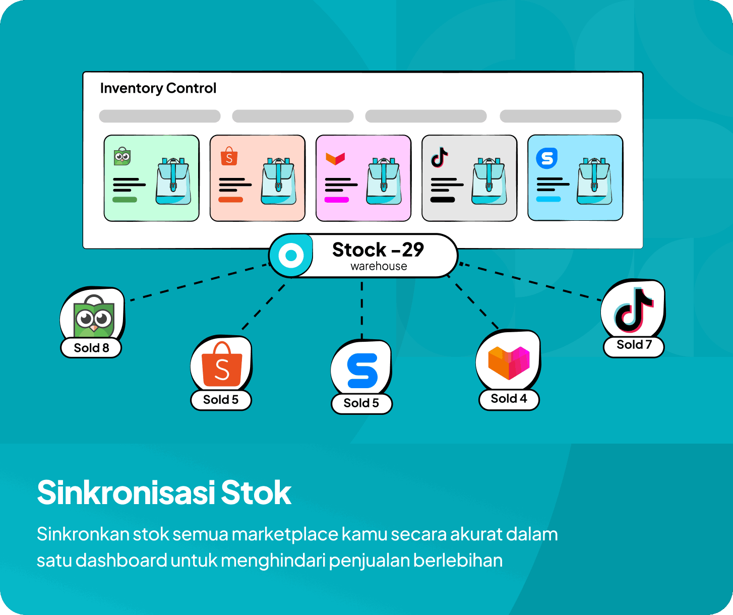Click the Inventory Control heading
[x=158, y=88]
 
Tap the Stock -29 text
[x=378, y=250]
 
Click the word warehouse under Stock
[x=379, y=266]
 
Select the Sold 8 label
[x=91, y=348]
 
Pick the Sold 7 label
[x=634, y=344]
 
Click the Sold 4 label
[x=509, y=398]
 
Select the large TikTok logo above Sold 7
[x=633, y=310]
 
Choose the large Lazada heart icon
[x=509, y=362]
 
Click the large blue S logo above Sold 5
[x=362, y=371]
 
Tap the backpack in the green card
[x=173, y=181]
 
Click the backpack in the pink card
[x=384, y=181]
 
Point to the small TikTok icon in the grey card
[x=439, y=157]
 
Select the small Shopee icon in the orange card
[x=229, y=156]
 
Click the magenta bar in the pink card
[x=337, y=200]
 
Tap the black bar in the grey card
[x=443, y=200]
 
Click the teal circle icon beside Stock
[x=291, y=255]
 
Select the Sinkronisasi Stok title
[x=164, y=493]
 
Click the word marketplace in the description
[x=285, y=534]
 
